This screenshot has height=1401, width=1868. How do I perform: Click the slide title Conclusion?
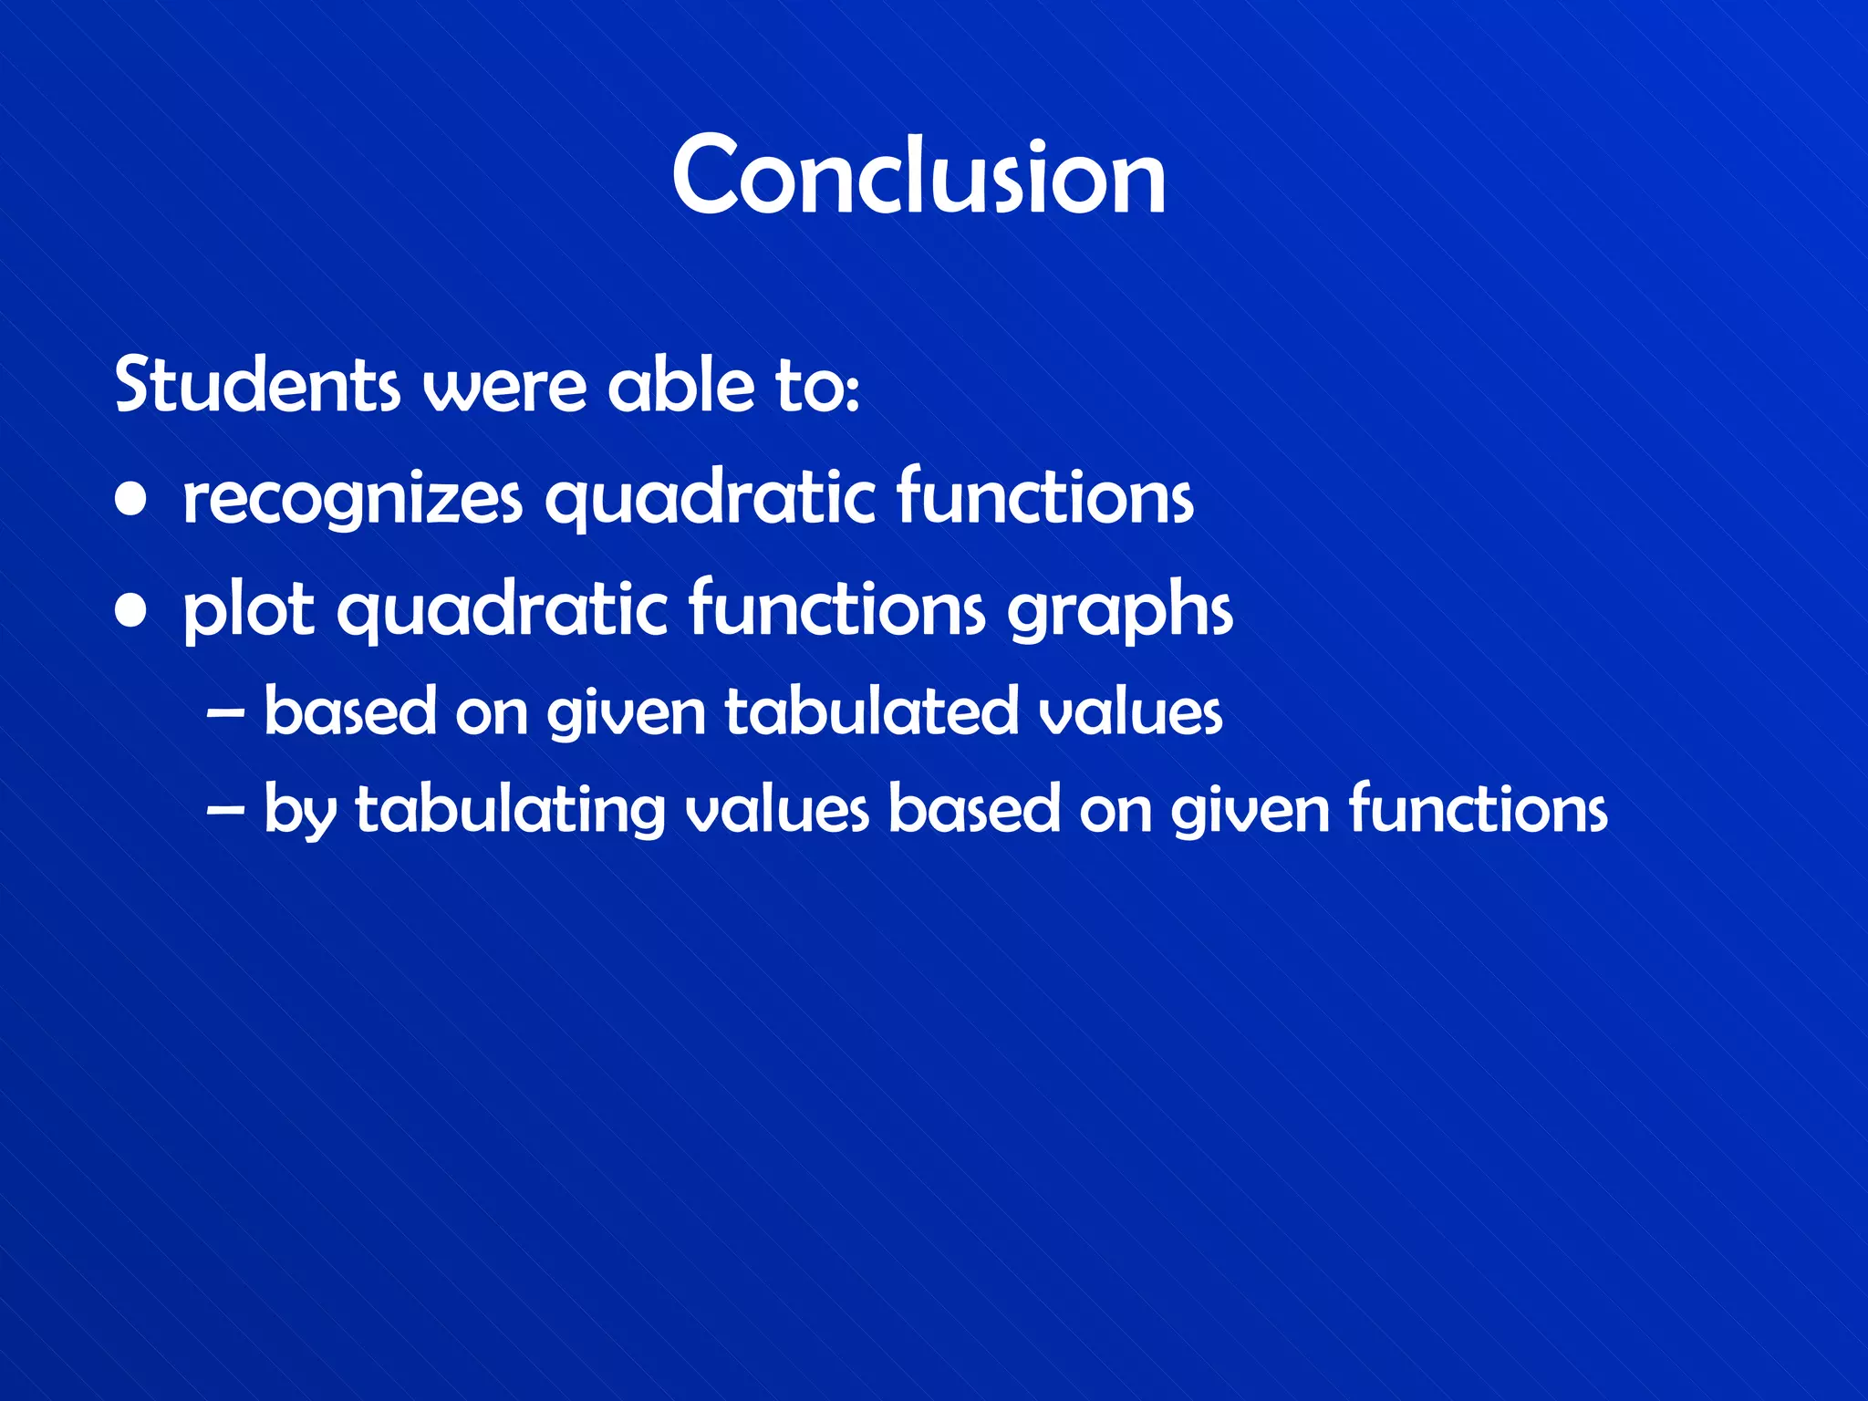(918, 175)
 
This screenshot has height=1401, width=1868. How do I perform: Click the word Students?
(257, 385)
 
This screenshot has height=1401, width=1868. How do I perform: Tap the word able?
(681, 385)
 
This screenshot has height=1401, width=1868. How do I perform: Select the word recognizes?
(352, 500)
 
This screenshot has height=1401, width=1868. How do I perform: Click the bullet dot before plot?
(132, 612)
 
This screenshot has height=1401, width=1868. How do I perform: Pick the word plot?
(249, 612)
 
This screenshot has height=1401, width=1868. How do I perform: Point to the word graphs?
(1120, 612)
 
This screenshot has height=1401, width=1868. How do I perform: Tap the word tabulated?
(871, 712)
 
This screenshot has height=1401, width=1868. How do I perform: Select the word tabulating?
(510, 810)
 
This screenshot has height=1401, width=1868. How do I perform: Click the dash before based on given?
(225, 712)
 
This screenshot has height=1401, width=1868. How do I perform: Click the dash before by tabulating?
(225, 810)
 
